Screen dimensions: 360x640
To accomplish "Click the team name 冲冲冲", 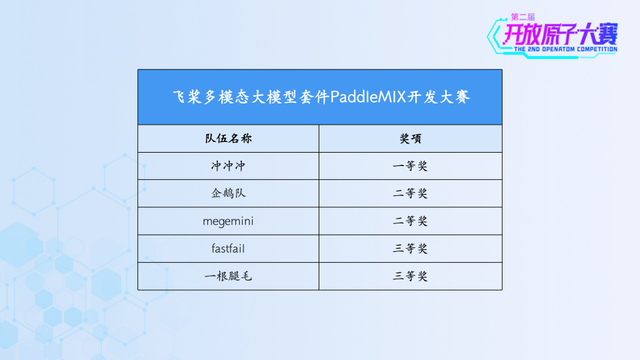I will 228,166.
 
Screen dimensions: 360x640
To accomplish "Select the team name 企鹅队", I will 228,193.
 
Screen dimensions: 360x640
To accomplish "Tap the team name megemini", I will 228,221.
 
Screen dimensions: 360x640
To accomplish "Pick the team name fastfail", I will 228,249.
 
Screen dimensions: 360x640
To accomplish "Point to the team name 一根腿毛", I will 228,276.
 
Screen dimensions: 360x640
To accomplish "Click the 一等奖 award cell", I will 410,166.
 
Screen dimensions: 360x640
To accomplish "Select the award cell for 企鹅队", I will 410,193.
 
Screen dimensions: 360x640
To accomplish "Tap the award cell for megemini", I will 410,221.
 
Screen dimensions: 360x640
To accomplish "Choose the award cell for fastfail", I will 410,249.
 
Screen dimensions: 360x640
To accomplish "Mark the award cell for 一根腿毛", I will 410,276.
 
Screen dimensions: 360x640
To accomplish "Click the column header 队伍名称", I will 228,139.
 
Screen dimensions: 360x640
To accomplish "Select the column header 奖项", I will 410,139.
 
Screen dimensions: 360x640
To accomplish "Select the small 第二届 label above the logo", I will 523,16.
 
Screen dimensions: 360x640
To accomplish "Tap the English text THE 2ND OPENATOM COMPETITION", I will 565,49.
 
